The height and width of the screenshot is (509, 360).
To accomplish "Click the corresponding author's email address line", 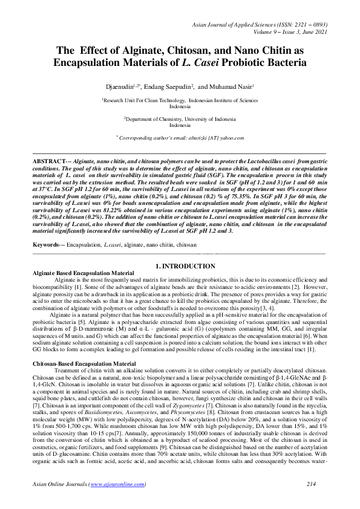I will pyautogui.click(x=180, y=138).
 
